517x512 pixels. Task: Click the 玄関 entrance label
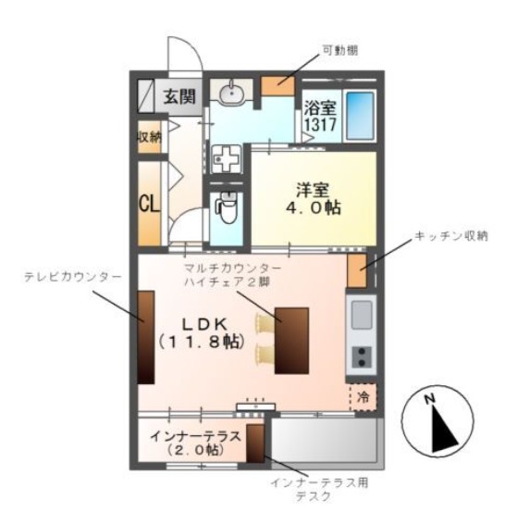coord(180,94)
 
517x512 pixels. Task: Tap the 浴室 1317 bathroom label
coord(320,115)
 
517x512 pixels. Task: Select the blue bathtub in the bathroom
coord(360,116)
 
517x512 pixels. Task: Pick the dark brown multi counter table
coord(291,341)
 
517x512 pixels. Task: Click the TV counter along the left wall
coord(147,331)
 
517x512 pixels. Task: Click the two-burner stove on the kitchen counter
coord(361,356)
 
